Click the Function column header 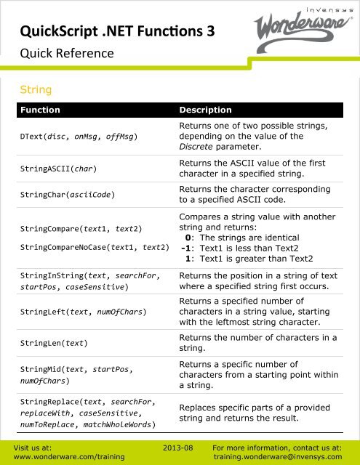41,110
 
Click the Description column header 205,110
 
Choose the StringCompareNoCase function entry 95,248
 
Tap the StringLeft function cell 84,312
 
